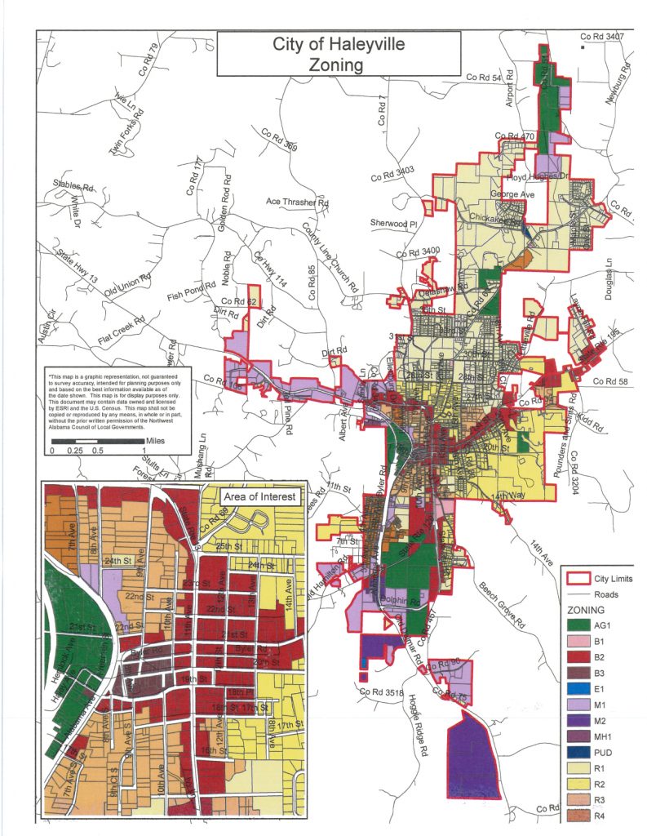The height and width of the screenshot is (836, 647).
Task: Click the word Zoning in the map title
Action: point(339,65)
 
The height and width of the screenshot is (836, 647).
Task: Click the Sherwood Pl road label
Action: point(394,223)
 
